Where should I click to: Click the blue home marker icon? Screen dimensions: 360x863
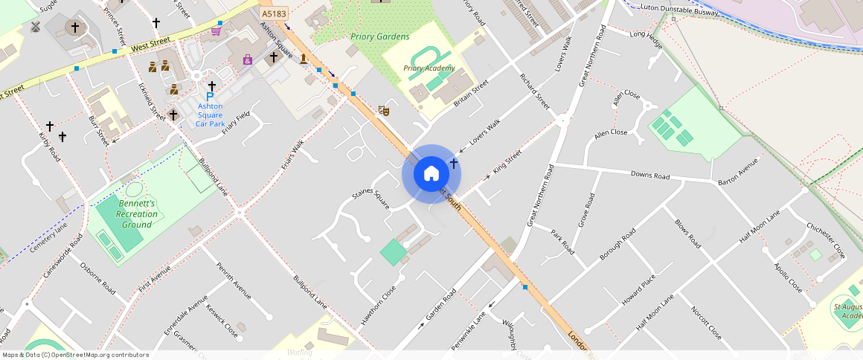[x=431, y=174]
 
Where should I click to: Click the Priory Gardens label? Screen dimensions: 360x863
[x=380, y=36]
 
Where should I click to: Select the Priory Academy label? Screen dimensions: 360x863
[x=429, y=68]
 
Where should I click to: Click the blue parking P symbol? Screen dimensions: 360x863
[x=210, y=97]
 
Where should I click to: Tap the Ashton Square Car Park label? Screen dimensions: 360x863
[x=210, y=115]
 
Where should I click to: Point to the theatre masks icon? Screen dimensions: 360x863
[x=384, y=110]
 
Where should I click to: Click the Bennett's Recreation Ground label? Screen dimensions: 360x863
[x=137, y=213]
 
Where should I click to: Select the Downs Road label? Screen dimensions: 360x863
[x=650, y=176]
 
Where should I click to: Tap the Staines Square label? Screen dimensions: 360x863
[x=370, y=199]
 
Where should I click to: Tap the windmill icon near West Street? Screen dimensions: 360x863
[x=34, y=26]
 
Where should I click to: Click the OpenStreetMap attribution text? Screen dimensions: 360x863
[x=75, y=355]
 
